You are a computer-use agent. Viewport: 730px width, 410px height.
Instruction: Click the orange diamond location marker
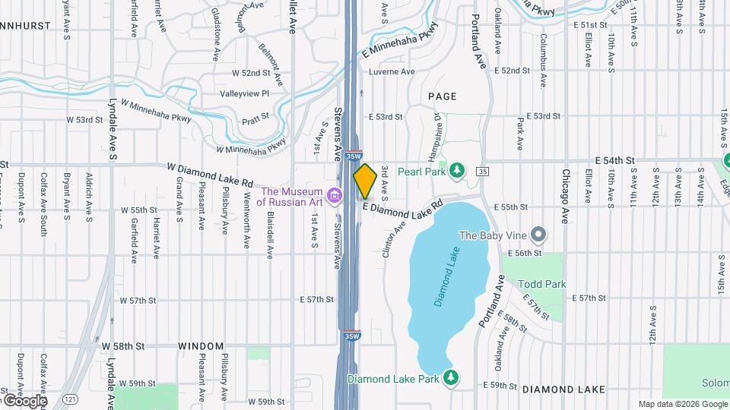365,181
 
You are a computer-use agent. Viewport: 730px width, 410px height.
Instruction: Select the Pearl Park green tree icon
456,169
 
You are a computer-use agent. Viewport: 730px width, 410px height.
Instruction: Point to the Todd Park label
542,284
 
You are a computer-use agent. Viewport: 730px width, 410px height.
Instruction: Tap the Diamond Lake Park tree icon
451,377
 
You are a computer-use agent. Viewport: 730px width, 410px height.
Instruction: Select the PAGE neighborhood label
442,96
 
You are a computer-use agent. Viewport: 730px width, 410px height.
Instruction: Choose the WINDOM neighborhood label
201,345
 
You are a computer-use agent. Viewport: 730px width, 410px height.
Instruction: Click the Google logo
24,400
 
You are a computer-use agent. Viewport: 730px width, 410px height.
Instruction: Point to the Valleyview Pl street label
245,93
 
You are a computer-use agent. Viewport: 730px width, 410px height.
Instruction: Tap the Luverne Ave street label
391,71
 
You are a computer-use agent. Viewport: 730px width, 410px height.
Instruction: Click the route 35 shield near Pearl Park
484,172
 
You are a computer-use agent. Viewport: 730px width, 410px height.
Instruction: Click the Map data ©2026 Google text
682,404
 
